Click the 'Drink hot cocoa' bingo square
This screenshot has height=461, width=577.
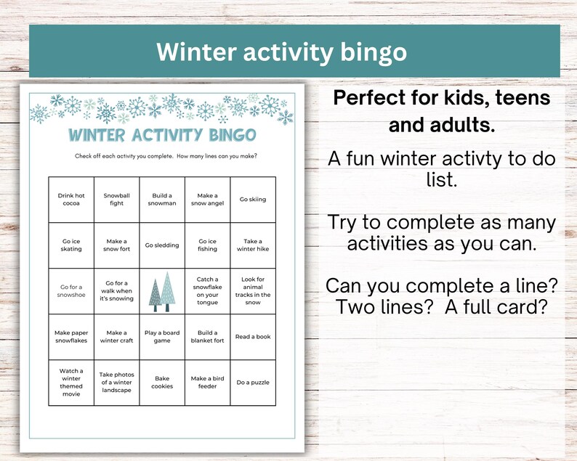(x=71, y=200)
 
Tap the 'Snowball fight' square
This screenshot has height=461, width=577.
(x=116, y=200)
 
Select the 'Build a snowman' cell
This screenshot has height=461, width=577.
(x=162, y=200)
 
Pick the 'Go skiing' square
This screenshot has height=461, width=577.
(x=252, y=200)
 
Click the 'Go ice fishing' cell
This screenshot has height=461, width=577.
(x=207, y=245)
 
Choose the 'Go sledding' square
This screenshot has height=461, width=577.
(x=162, y=245)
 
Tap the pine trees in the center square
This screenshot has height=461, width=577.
(x=161, y=290)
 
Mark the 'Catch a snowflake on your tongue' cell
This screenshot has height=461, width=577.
(x=207, y=290)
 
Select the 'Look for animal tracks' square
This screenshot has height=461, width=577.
(x=252, y=290)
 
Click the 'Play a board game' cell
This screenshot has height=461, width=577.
(x=162, y=336)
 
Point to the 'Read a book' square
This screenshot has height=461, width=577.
(x=252, y=336)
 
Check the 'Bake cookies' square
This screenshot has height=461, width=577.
(x=162, y=382)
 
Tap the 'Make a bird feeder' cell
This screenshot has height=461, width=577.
(x=207, y=382)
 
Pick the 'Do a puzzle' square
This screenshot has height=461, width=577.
(x=252, y=382)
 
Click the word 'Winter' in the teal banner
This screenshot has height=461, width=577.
(x=196, y=52)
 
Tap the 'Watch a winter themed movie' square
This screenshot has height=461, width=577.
(x=71, y=382)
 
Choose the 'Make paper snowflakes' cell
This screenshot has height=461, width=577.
(x=71, y=336)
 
